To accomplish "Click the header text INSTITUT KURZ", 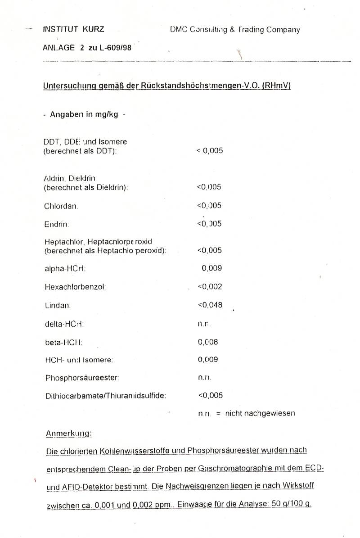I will [73, 30].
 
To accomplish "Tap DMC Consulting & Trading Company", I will [234, 30].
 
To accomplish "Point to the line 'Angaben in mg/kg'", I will [84, 114].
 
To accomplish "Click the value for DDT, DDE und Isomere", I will [210, 151].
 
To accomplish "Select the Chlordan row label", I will [62, 206].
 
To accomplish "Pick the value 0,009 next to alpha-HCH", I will [211, 268].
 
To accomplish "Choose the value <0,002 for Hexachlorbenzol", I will [210, 287].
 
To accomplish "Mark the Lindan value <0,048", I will [210, 305].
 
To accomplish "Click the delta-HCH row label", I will [64, 324].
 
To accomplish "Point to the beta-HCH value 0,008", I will [208, 342].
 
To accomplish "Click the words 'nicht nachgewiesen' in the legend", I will [260, 413].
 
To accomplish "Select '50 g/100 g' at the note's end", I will [290, 504].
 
